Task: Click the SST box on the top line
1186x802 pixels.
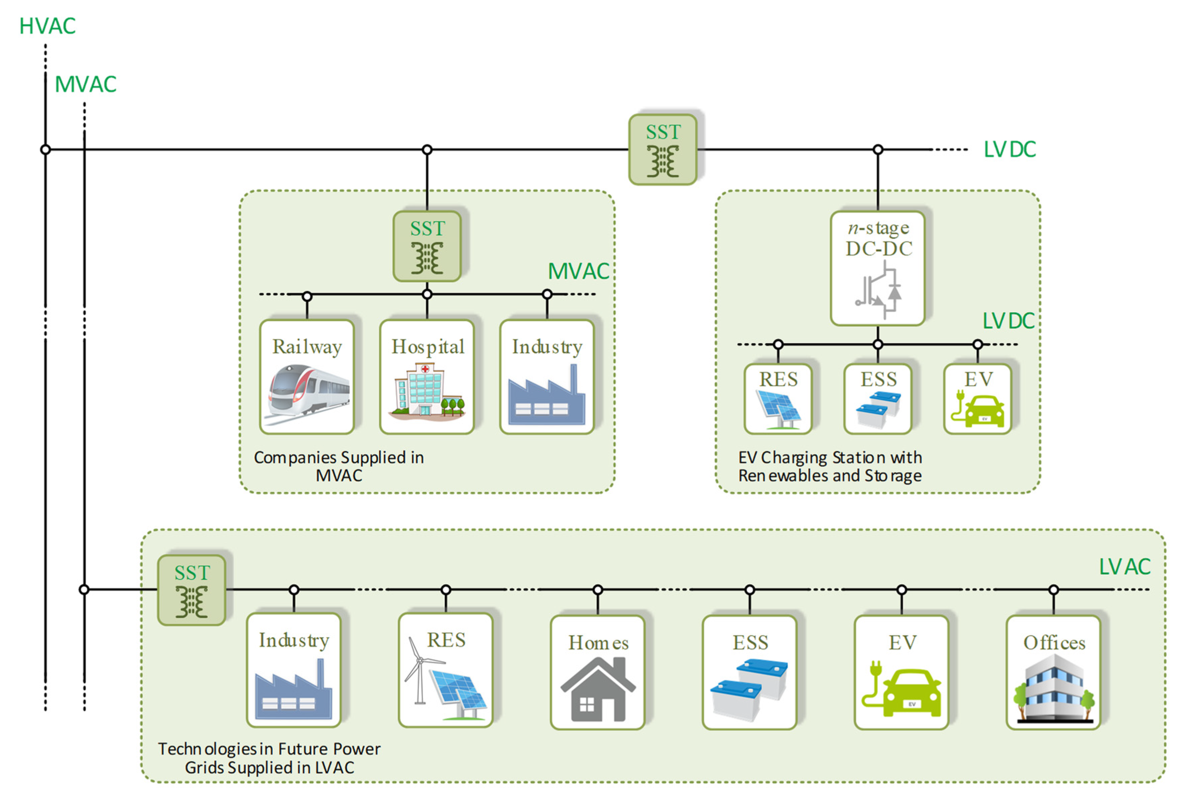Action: click(662, 149)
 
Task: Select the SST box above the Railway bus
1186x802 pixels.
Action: click(427, 246)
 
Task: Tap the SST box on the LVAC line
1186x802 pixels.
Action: click(192, 590)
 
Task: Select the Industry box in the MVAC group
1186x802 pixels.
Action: click(547, 377)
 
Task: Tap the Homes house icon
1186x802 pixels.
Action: click(598, 689)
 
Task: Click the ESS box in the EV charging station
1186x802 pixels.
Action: click(877, 399)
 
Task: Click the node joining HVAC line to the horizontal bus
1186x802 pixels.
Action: click(46, 149)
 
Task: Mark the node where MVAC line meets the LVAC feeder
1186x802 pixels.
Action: click(84, 590)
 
